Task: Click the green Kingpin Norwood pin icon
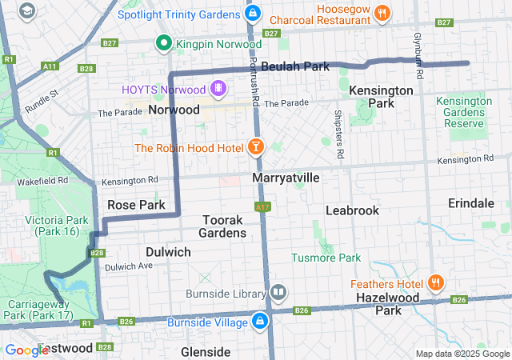pyautogui.click(x=164, y=43)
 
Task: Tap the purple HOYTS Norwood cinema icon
pyautogui.click(x=218, y=87)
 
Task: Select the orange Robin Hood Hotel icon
pyautogui.click(x=255, y=146)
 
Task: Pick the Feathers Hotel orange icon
pyautogui.click(x=436, y=282)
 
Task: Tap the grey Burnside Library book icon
pyautogui.click(x=278, y=293)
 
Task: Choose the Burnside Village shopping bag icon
pyautogui.click(x=259, y=322)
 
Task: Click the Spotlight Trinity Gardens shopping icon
pyautogui.click(x=253, y=14)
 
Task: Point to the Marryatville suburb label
pyautogui.click(x=286, y=177)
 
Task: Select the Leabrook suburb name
pyautogui.click(x=352, y=210)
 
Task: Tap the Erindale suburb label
pyautogui.click(x=471, y=203)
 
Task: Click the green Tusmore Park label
pyautogui.click(x=326, y=258)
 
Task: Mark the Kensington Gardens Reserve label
pyautogui.click(x=464, y=112)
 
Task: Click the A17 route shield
pyautogui.click(x=262, y=206)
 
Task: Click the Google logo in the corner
pyautogui.click(x=26, y=350)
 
